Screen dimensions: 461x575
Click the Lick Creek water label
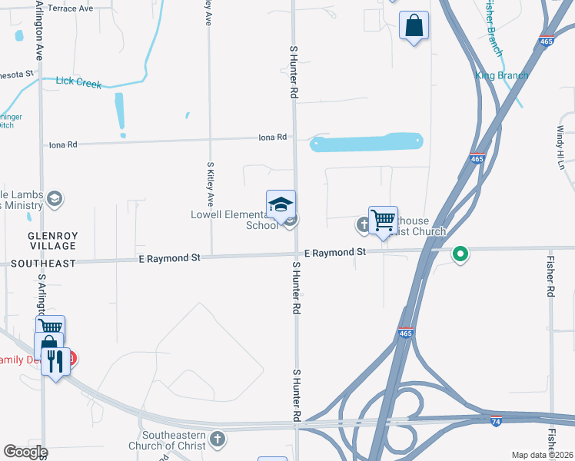pyautogui.click(x=78, y=82)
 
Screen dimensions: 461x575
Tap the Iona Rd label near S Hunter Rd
pyautogui.click(x=272, y=137)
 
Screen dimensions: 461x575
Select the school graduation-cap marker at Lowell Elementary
pyautogui.click(x=281, y=204)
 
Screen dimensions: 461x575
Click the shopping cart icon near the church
pyautogui.click(x=383, y=220)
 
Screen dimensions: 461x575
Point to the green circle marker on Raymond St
pyautogui.click(x=460, y=253)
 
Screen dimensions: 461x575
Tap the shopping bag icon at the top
pyautogui.click(x=414, y=25)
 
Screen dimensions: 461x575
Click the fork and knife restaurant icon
pyautogui.click(x=55, y=360)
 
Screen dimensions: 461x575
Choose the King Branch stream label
pyautogui.click(x=501, y=75)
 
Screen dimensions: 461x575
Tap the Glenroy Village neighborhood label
pyautogui.click(x=52, y=240)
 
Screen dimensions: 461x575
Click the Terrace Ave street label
pyautogui.click(x=70, y=8)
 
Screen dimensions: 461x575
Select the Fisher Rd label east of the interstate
pyautogui.click(x=550, y=277)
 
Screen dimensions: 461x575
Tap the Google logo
pyautogui.click(x=25, y=452)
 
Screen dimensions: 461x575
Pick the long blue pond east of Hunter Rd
pyautogui.click(x=366, y=142)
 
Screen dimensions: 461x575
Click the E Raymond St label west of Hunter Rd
pyautogui.click(x=169, y=258)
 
